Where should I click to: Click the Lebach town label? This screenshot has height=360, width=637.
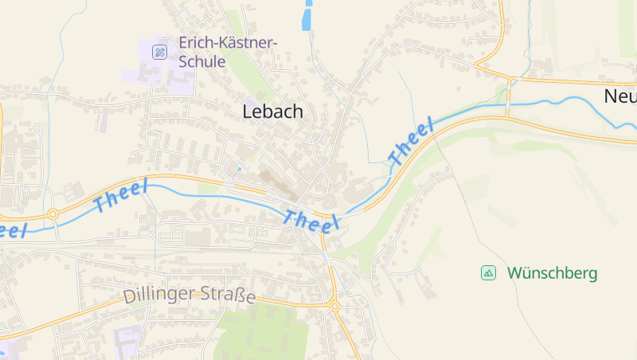[x=272, y=112]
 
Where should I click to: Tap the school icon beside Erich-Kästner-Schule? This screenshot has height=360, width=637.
[x=159, y=53]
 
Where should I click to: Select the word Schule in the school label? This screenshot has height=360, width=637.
[x=203, y=61]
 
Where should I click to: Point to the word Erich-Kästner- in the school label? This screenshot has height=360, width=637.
[x=228, y=43]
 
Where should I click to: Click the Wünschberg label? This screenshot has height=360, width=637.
[x=552, y=273]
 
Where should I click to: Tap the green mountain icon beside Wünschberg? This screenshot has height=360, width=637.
[x=488, y=273]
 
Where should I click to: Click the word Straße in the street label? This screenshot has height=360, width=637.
[x=228, y=296]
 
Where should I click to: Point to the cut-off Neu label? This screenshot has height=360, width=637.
[x=619, y=97]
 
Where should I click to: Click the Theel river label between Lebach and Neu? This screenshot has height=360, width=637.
[x=411, y=141]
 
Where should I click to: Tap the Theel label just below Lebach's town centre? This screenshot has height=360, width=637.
[x=311, y=221]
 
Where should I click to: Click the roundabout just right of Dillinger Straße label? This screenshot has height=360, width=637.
[x=334, y=305]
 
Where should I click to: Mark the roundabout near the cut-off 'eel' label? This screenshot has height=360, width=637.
[x=53, y=213]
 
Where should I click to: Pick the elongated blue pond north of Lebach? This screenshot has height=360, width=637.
[x=307, y=18]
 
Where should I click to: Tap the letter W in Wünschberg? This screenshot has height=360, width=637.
[x=514, y=273]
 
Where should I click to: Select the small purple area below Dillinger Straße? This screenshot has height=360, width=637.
[x=127, y=338]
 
